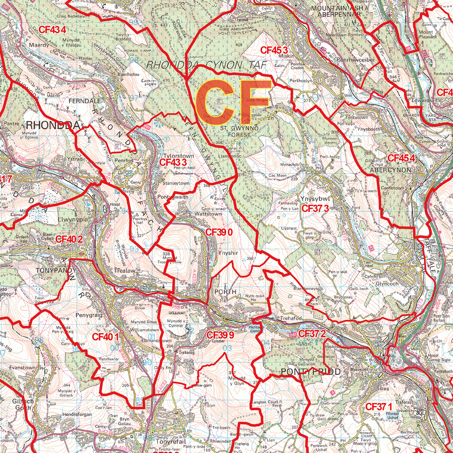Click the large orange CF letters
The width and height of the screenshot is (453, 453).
[x=233, y=103]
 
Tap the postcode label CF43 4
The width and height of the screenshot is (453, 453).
[x=52, y=30]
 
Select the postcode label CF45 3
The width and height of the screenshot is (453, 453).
[x=274, y=50]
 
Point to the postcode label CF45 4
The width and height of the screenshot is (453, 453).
[x=401, y=158]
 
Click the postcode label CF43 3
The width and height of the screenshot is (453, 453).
[x=172, y=162]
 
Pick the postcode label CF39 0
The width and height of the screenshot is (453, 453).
[x=219, y=232]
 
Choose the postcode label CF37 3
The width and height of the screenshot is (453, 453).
[x=315, y=208]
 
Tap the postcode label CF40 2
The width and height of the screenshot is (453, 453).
[x=69, y=239]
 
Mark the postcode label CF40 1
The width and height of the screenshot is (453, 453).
[x=105, y=337]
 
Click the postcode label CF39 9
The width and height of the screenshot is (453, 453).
[x=220, y=335]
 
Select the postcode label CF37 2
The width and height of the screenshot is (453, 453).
[x=312, y=334]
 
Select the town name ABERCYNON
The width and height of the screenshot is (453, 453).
[x=390, y=169]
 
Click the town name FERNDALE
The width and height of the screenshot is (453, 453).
[x=84, y=101]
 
